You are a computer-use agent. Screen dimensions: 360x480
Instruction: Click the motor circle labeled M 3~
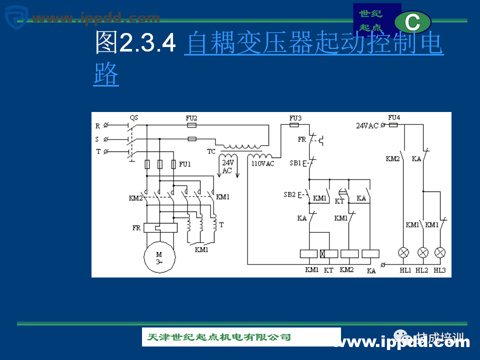pos(159,257)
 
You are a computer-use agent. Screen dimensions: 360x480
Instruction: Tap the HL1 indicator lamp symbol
pos(404,252)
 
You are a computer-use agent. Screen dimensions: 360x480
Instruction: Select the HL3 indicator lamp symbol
pos(440,252)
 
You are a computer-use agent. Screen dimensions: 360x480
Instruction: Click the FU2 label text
pos(191,118)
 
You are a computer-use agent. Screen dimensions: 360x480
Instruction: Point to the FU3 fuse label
pos(295,118)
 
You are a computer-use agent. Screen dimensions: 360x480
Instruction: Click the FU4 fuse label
pos(394,118)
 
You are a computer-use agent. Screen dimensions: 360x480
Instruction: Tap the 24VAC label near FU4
pos(367,126)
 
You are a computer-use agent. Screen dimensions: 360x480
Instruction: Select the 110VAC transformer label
pos(263,163)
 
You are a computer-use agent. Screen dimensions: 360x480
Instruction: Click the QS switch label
pos(134,117)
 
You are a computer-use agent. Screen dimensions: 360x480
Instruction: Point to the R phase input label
pos(97,125)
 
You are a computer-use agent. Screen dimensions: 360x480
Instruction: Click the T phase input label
pos(97,151)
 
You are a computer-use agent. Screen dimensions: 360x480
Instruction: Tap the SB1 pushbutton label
pos(295,163)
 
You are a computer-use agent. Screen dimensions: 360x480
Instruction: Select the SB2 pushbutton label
pos(289,194)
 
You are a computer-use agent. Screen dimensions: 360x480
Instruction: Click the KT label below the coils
pos(328,270)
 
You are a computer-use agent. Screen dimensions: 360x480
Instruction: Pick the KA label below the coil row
pos(371,271)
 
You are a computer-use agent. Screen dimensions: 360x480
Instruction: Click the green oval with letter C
pos(412,22)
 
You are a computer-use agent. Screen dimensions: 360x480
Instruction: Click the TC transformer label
pos(211,151)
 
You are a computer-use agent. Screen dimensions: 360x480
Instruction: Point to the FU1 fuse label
pos(185,164)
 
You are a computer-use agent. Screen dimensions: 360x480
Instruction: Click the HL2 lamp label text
pos(423,270)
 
